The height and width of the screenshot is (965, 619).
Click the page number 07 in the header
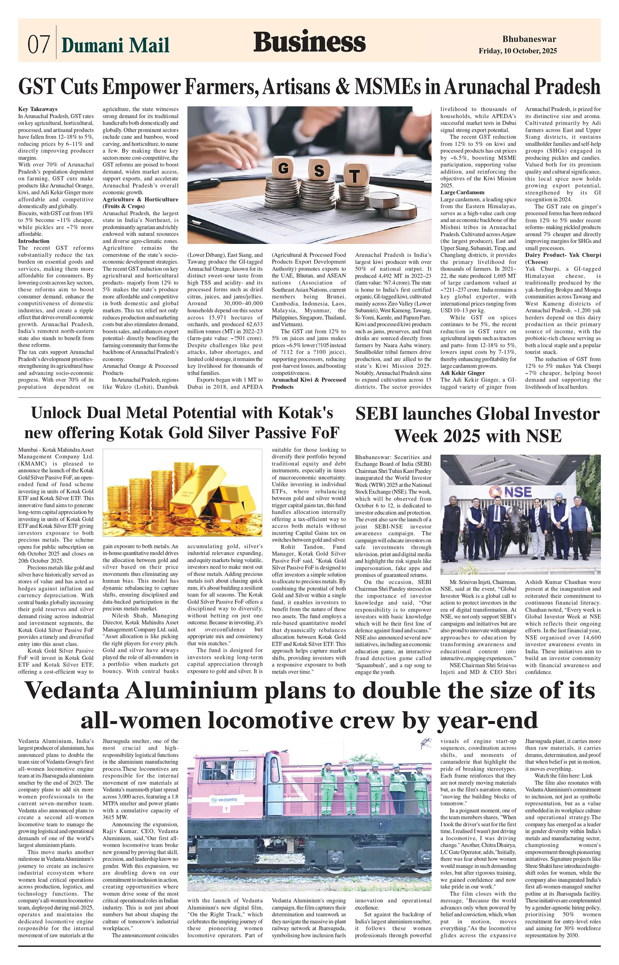tap(39, 43)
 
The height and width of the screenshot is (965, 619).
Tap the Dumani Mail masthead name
tap(115, 45)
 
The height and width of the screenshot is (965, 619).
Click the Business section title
tap(309, 42)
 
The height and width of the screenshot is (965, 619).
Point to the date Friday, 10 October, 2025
tap(518, 51)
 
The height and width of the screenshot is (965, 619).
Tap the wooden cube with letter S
tap(319, 170)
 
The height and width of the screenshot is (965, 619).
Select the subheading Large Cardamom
tap(462, 192)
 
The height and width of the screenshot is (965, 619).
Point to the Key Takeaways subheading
tap(38, 109)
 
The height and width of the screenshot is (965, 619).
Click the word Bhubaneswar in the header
tap(529, 39)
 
